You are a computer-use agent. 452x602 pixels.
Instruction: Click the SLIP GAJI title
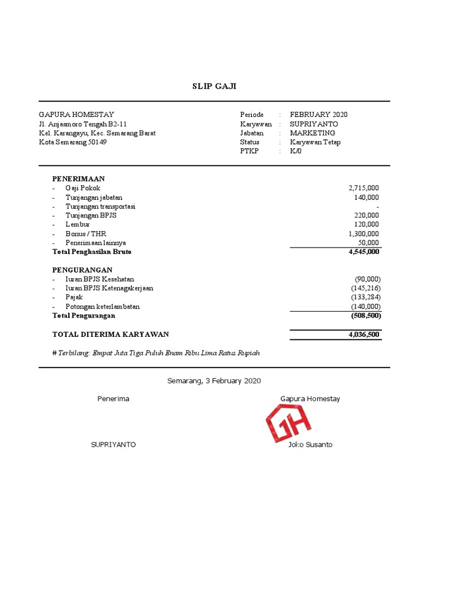(214, 86)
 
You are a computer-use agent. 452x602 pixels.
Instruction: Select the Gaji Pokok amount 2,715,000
(364, 188)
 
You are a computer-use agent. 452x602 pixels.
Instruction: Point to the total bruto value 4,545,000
(364, 252)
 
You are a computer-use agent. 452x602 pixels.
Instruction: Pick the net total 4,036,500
(364, 335)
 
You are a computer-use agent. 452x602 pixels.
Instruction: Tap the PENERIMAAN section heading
(78, 178)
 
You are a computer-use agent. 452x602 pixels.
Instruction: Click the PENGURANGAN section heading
(82, 270)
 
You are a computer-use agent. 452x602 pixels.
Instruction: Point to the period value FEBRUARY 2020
(318, 115)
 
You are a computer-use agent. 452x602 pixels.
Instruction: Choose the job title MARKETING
(312, 133)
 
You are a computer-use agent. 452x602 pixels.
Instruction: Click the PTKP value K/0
(296, 151)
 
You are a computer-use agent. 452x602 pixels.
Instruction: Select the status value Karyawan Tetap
(315, 142)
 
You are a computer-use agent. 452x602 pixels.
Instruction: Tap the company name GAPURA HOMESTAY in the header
(77, 115)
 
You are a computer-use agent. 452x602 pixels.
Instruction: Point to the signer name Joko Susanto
(310, 444)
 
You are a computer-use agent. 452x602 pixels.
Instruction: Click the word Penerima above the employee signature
(113, 399)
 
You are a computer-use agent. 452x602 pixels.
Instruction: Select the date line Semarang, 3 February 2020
(214, 381)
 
